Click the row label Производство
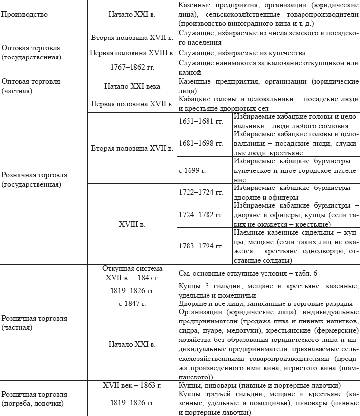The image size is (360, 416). [22, 14]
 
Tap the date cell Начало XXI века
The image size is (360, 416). [132, 86]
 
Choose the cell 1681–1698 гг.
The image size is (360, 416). [201, 143]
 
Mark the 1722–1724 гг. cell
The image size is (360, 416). [201, 192]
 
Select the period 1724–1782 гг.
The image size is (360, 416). [201, 214]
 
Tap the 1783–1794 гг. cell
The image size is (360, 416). [201, 246]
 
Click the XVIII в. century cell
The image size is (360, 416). [132, 225]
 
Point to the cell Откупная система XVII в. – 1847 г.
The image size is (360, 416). [132, 273]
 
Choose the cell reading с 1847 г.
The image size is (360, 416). [132, 303]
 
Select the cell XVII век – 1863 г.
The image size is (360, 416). [132, 385]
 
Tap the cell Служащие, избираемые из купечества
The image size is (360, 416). [242, 53]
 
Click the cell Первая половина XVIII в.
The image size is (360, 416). [132, 53]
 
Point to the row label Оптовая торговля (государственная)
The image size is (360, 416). [32, 53]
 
